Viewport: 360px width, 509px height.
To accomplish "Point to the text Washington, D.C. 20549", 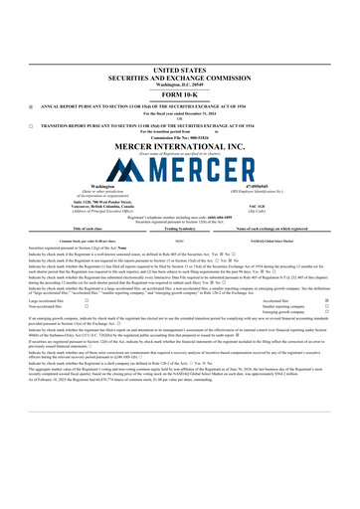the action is coord(179,72).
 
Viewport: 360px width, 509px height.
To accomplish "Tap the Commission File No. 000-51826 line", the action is coord(179,138).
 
